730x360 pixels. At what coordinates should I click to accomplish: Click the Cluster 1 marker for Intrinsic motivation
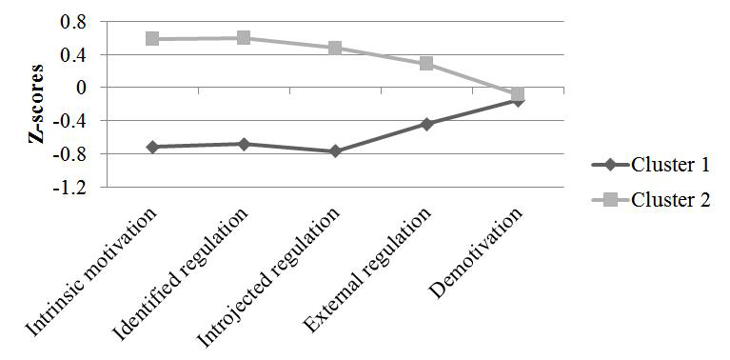[152, 147]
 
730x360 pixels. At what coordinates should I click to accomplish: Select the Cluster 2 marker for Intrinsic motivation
[152, 39]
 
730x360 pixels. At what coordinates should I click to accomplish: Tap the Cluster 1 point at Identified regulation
[244, 144]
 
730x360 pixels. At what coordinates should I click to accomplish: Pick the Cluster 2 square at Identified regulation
[244, 38]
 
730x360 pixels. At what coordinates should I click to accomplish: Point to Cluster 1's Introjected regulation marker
[335, 151]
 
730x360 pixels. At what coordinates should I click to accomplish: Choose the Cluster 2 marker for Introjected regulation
[335, 48]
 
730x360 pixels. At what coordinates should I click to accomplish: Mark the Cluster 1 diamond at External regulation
[426, 124]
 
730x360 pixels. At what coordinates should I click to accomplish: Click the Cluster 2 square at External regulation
[426, 64]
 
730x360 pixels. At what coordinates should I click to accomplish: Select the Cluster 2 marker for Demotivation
[518, 94]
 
